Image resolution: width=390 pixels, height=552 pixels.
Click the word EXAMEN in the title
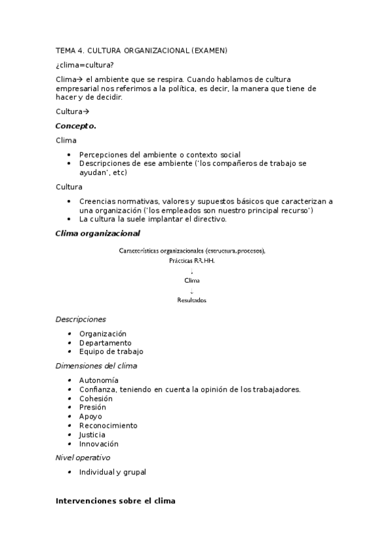click(x=210, y=50)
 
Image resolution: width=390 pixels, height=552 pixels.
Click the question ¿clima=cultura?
click(x=85, y=64)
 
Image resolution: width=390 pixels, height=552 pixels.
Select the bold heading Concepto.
click(x=76, y=126)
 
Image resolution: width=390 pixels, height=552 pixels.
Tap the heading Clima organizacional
click(x=97, y=233)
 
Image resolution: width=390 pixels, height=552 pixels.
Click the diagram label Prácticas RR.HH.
click(x=191, y=260)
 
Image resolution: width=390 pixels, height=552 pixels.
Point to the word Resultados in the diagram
click(x=191, y=300)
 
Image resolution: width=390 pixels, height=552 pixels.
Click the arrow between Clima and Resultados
click(x=191, y=290)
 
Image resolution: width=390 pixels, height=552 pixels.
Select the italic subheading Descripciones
click(x=81, y=320)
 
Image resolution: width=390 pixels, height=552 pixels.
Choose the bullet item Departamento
click(x=105, y=342)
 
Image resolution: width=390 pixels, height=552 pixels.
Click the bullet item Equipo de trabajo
click(x=111, y=352)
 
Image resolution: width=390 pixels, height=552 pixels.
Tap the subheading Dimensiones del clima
click(x=96, y=366)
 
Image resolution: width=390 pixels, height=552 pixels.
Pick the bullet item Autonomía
click(x=99, y=380)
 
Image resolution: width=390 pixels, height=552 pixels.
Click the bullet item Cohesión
click(x=96, y=398)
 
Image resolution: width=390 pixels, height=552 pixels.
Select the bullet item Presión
click(x=92, y=407)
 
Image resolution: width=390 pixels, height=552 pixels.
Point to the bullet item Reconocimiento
click(x=108, y=426)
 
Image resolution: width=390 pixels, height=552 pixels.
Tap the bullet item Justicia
click(x=92, y=435)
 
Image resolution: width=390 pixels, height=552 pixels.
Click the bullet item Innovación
click(x=98, y=444)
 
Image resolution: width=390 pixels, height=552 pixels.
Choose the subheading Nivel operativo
click(x=83, y=458)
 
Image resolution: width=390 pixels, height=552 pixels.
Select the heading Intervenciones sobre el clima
click(x=115, y=502)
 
